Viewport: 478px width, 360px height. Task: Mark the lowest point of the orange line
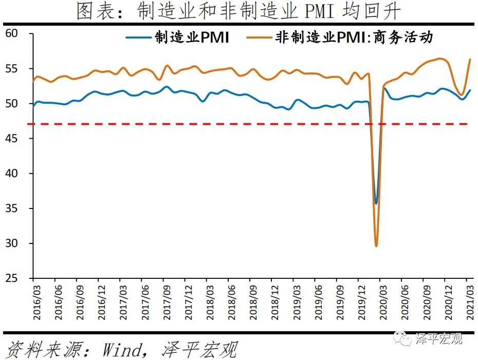click(376, 246)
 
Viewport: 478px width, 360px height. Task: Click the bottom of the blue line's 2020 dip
click(376, 203)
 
